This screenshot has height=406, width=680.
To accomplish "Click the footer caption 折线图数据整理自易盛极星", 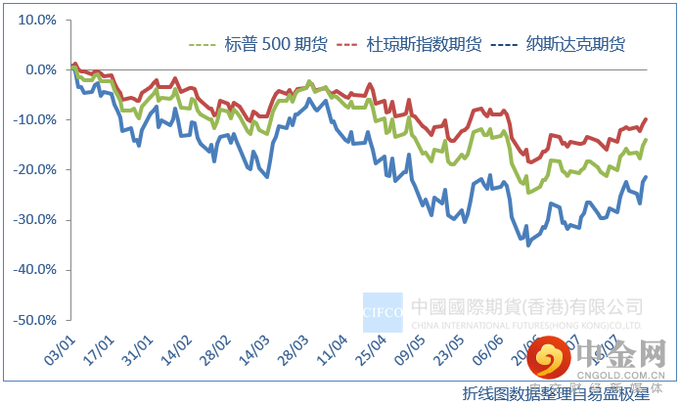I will tap(556, 393).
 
